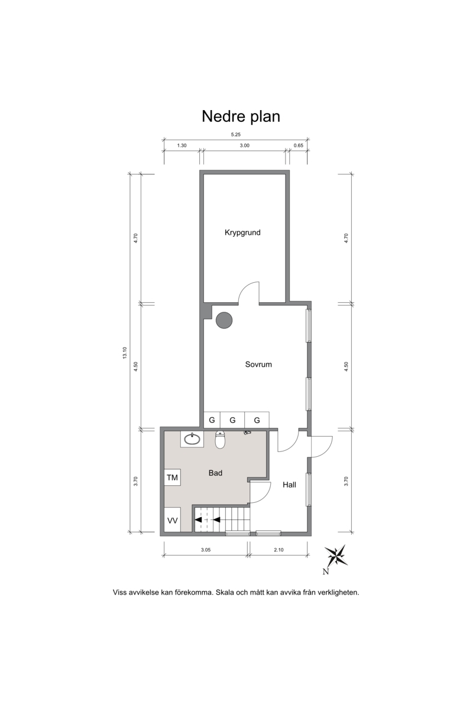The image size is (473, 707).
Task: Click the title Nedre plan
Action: [x=241, y=117]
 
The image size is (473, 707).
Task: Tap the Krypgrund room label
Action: [x=242, y=233]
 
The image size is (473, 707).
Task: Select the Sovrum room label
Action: [x=258, y=364]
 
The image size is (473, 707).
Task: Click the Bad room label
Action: [x=215, y=473]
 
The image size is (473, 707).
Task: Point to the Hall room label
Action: [x=289, y=485]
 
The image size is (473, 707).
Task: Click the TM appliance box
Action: [x=172, y=477]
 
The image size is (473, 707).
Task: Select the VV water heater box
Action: [x=172, y=520]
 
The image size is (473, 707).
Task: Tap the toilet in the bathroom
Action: [x=220, y=440]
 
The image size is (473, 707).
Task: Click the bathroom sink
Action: [x=192, y=439]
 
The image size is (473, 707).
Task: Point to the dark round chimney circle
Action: [x=224, y=320]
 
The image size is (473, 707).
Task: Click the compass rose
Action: [x=336, y=555]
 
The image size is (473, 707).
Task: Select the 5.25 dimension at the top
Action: [x=235, y=134]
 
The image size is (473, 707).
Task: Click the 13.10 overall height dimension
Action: [x=125, y=353]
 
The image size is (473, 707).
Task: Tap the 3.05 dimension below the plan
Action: [x=205, y=550]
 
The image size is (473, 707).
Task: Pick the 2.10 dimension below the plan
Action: [x=278, y=550]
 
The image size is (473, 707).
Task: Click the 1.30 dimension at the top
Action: [x=182, y=146]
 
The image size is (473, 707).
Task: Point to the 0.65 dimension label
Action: [x=298, y=146]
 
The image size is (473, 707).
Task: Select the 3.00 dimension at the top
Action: [x=244, y=146]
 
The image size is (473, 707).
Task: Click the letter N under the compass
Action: [x=325, y=572]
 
